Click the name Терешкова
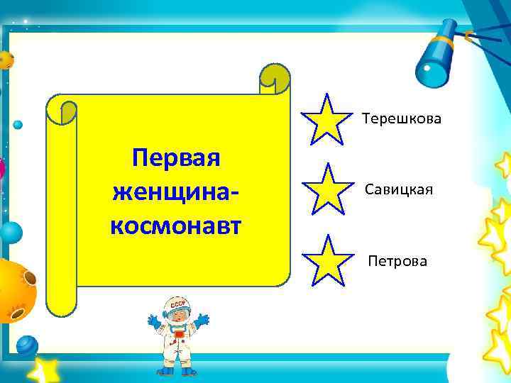click(x=402, y=118)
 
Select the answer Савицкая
click(x=399, y=190)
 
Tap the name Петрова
click(x=397, y=262)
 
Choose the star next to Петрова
click(x=326, y=260)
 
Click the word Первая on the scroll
click(x=177, y=158)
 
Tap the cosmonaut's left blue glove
click(x=153, y=321)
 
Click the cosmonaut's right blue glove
click(x=202, y=320)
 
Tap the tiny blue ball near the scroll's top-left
click(x=18, y=125)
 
